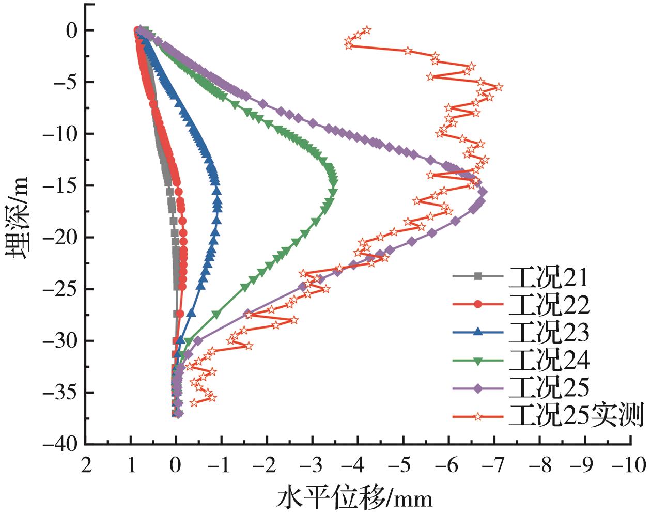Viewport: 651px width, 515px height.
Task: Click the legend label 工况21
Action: click(x=549, y=277)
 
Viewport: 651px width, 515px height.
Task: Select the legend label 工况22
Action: click(x=549, y=305)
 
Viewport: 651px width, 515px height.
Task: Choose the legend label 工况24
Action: click(x=549, y=360)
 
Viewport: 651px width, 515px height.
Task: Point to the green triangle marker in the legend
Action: click(x=478, y=361)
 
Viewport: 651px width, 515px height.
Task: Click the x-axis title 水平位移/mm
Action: click(x=355, y=498)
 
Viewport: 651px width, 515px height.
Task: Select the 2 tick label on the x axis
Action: click(x=86, y=466)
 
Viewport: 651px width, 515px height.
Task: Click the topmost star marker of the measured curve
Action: click(x=366, y=30)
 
